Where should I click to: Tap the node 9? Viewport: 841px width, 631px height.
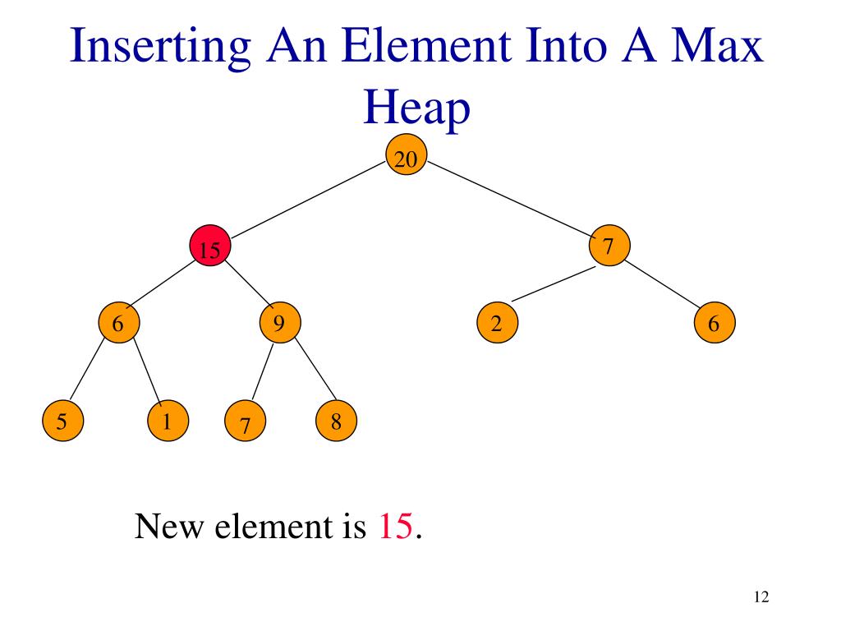(x=279, y=323)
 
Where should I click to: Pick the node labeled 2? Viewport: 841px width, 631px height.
(x=496, y=323)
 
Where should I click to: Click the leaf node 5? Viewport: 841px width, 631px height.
(x=62, y=422)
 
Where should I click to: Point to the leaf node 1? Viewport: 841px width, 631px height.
(x=168, y=422)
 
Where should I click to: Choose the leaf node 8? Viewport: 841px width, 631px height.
(x=336, y=422)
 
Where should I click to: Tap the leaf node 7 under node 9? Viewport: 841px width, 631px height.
(x=245, y=424)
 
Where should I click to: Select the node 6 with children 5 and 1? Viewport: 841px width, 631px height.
(x=119, y=323)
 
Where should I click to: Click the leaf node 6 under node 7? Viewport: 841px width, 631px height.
(x=714, y=323)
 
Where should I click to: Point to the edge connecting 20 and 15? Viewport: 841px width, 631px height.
(x=308, y=199)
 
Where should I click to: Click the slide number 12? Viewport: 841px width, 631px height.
(x=760, y=597)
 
